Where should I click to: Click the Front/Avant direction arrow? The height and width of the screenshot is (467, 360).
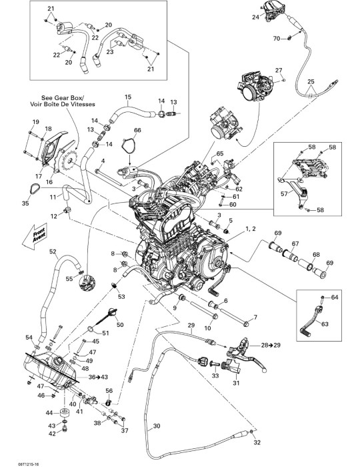(35, 236)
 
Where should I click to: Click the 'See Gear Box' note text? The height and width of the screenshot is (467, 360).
(63, 98)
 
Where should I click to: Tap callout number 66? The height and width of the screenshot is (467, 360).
(137, 131)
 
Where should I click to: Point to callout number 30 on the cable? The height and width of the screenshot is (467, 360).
(157, 426)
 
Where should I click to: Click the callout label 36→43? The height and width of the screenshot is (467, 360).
(98, 377)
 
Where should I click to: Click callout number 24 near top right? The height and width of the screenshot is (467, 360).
(255, 17)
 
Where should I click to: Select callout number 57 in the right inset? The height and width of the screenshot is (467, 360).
(284, 194)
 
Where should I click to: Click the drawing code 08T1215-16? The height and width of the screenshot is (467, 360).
(29, 464)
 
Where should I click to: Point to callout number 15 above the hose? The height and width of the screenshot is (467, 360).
(127, 97)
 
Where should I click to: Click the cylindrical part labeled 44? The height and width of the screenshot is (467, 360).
(64, 414)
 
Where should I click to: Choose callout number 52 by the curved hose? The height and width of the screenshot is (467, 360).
(53, 252)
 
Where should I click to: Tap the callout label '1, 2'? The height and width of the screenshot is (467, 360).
(250, 229)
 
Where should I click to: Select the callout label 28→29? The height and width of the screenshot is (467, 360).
(271, 345)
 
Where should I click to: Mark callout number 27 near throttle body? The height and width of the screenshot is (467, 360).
(279, 70)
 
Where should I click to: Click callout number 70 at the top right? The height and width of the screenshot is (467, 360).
(277, 39)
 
